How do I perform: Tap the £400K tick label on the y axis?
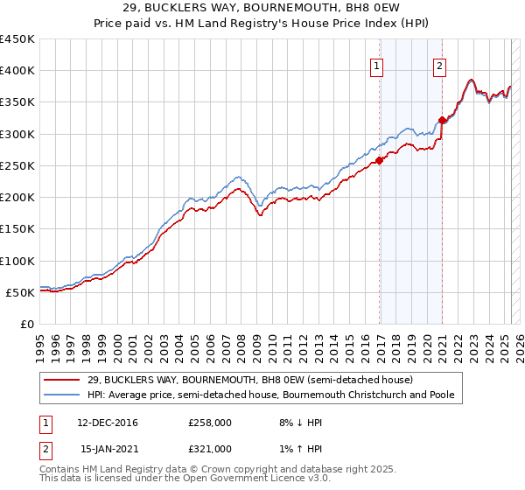17,71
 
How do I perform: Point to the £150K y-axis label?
17,228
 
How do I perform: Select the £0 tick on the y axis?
27,324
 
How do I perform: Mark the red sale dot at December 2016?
380,160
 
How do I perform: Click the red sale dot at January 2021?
443,121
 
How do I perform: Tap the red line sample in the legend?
62,380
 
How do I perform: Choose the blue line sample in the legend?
62,395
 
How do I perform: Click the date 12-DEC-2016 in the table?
108,423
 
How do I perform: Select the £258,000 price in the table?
210,423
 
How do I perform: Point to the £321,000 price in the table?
210,449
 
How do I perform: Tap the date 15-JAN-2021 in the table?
108,449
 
